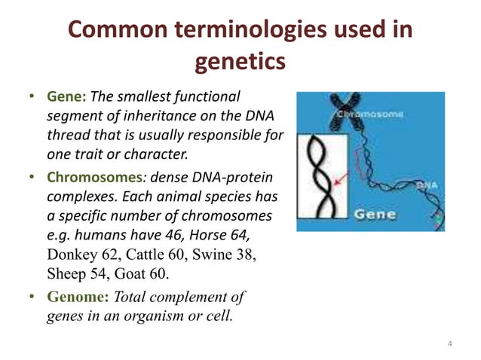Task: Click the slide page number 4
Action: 449,344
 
